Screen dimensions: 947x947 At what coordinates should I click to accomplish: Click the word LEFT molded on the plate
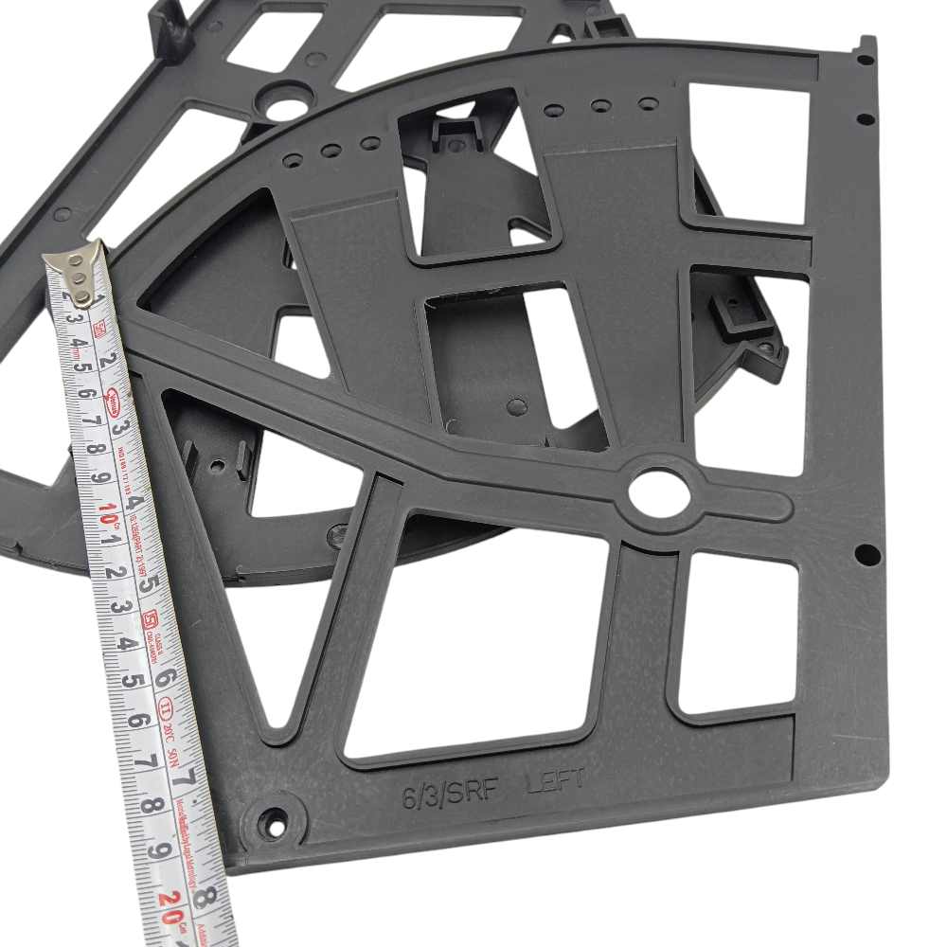[556, 782]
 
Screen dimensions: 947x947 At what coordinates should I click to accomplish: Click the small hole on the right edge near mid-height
[864, 552]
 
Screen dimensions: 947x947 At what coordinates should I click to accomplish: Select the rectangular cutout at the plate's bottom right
[739, 633]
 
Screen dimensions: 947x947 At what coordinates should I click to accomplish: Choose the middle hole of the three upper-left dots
[331, 151]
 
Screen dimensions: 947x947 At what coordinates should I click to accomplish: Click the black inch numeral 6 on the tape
[166, 679]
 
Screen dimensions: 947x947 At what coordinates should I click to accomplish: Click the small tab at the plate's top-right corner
[865, 49]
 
